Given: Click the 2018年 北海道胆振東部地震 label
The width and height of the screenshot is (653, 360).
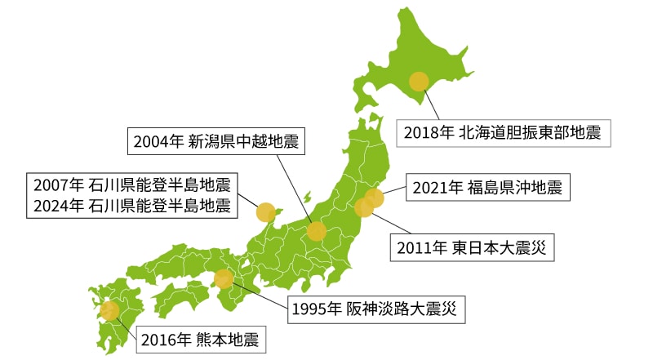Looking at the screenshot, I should click(503, 131).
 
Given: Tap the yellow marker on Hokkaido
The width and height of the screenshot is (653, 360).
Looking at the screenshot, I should click(419, 81).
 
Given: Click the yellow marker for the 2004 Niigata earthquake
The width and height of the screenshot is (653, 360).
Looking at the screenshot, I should click(317, 231).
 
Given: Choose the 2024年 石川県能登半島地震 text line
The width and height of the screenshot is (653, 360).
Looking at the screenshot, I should click(132, 205).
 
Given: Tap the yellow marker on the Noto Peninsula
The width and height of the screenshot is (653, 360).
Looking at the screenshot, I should click(265, 213).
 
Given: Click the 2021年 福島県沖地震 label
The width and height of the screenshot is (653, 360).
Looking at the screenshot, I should click(486, 187).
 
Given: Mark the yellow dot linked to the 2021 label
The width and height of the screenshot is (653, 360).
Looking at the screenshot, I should click(374, 198).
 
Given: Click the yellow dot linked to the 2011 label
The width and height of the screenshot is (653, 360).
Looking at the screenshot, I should click(364, 208).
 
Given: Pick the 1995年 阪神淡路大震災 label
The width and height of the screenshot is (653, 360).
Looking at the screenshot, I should click(376, 309).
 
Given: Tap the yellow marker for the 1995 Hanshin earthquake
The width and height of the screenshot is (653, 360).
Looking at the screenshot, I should click(224, 279).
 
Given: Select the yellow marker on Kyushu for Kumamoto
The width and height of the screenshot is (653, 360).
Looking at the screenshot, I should click(109, 310).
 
